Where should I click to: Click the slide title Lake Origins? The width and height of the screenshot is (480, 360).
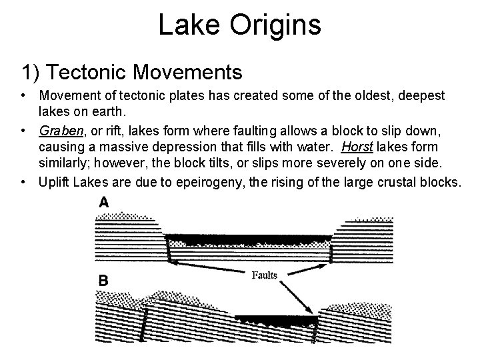pos(240,26)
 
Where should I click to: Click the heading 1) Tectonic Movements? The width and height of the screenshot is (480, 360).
pos(132,71)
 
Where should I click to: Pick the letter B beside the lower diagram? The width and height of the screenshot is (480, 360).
pos(103,281)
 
